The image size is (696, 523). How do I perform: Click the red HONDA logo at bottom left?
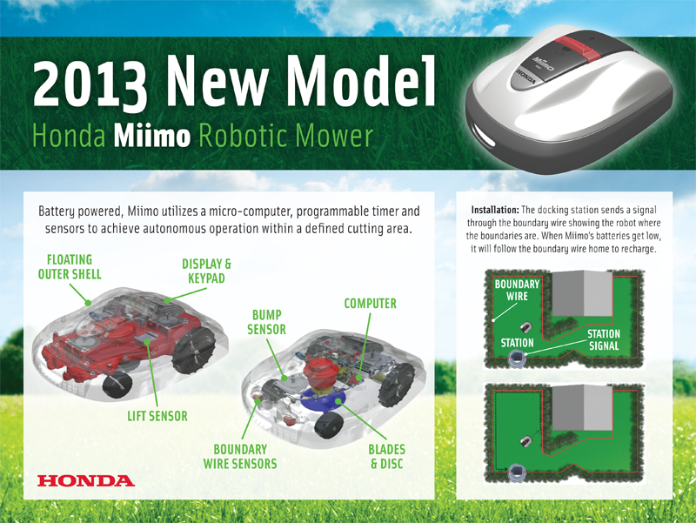(x=85, y=480)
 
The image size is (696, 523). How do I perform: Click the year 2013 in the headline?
(x=90, y=84)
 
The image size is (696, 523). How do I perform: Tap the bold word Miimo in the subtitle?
(x=151, y=136)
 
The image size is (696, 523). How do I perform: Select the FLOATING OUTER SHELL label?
(x=70, y=267)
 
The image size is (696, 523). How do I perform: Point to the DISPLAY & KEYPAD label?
(x=206, y=272)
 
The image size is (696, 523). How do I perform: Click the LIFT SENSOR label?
(x=157, y=416)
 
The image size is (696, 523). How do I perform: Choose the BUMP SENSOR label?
(x=266, y=322)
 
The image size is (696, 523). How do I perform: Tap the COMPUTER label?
(x=371, y=304)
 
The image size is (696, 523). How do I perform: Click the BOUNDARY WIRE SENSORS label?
(x=240, y=456)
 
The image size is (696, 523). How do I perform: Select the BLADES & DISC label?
(x=386, y=456)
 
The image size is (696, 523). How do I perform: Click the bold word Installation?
(x=495, y=210)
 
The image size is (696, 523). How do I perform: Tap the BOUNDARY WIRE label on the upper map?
(x=517, y=290)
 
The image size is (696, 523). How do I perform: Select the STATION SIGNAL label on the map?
(x=604, y=339)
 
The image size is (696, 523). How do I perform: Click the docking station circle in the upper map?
(x=517, y=358)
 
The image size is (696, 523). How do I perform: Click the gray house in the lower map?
(x=582, y=407)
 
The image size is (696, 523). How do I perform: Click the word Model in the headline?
(x=360, y=81)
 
